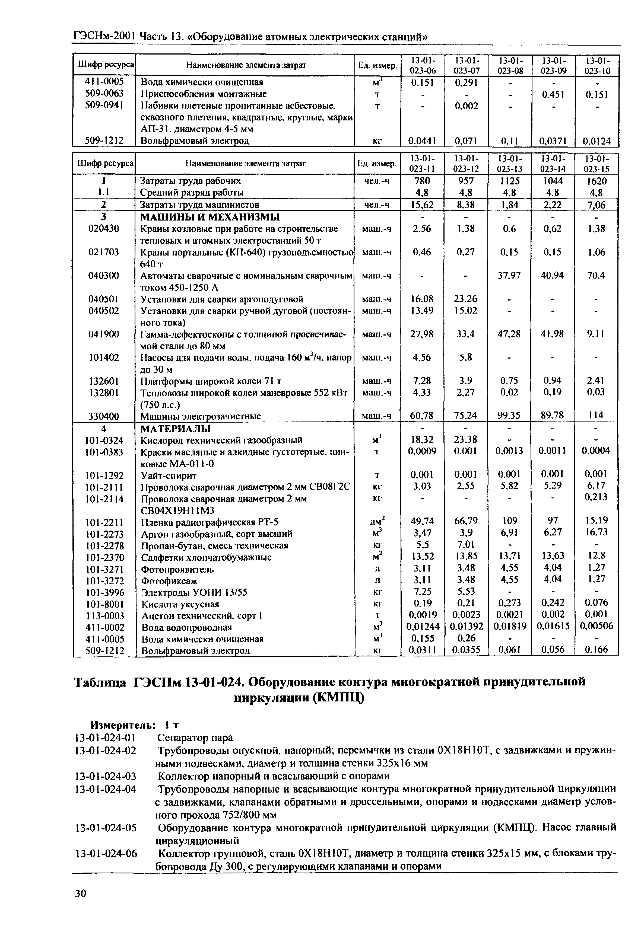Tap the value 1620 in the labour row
(x=596, y=181)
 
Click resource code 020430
(x=104, y=228)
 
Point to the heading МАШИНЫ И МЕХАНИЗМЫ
(x=210, y=217)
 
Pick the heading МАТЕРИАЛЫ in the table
(x=176, y=428)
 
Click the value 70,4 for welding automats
(x=596, y=275)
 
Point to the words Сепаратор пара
(x=195, y=738)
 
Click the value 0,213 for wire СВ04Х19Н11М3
(x=596, y=497)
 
